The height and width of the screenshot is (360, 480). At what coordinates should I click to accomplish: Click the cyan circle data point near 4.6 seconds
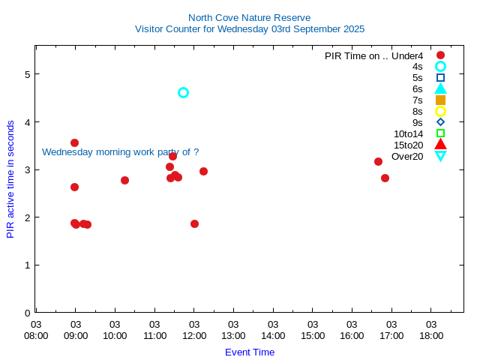(183, 92)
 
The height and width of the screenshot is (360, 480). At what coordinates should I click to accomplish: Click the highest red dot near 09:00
(74, 142)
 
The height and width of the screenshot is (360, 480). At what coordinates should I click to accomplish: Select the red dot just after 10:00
(124, 180)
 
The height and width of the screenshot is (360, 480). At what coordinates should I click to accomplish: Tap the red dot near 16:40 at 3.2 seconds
(378, 161)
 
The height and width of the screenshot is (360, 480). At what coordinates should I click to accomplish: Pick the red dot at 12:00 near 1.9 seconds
(194, 223)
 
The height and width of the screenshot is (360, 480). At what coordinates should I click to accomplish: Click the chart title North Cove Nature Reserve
(249, 17)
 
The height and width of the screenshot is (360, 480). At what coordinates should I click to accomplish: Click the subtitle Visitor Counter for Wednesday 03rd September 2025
(249, 29)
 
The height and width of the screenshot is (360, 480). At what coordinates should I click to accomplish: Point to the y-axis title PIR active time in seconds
(10, 179)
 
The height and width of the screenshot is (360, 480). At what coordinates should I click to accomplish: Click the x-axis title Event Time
(249, 352)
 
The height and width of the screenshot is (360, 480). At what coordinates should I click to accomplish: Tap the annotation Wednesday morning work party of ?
(120, 151)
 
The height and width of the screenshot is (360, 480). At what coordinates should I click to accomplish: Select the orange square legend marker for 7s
(440, 100)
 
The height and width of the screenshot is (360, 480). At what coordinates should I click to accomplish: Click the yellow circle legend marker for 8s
(440, 111)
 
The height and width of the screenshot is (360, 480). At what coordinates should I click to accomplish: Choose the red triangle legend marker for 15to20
(440, 144)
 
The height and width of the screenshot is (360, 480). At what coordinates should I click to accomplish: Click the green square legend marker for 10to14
(440, 133)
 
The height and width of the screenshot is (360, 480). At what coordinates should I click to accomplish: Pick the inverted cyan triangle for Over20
(440, 156)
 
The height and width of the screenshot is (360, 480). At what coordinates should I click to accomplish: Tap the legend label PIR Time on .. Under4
(373, 55)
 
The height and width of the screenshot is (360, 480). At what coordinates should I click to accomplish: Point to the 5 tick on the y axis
(27, 74)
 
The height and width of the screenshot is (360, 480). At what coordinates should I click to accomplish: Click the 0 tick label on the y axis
(27, 313)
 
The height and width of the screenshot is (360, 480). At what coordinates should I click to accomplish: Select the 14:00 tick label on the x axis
(273, 329)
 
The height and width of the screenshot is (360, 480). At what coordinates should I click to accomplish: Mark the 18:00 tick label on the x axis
(431, 329)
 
